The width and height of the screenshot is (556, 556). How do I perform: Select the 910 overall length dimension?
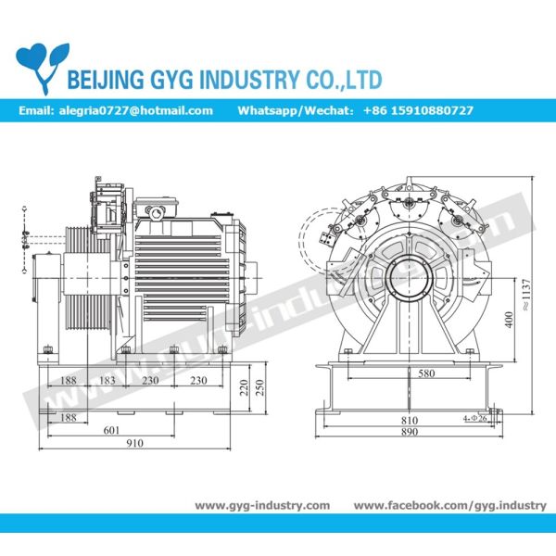tap(134, 443)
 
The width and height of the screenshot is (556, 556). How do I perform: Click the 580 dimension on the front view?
tap(425, 373)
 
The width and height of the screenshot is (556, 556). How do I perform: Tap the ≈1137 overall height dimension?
tap(525, 292)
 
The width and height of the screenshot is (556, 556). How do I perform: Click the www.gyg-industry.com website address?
tap(262, 505)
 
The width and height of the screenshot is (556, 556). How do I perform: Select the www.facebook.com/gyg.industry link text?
tap(450, 505)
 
